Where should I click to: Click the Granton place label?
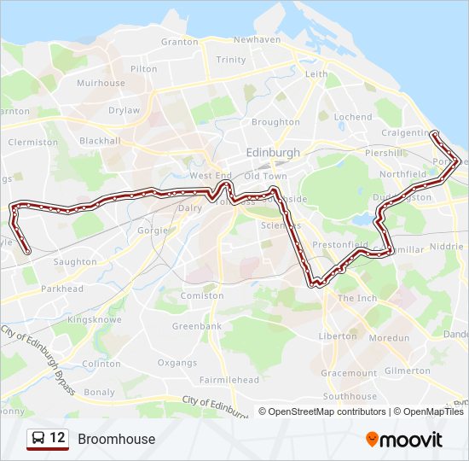tap(179, 41)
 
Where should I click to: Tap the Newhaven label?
tap(257, 39)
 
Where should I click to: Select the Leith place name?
tap(316, 74)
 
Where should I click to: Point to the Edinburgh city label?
tap(273, 152)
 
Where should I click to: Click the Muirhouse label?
tap(101, 84)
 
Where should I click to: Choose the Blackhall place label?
tap(101, 141)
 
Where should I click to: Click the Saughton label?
tap(74, 262)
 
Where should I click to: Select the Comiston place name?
tap(202, 295)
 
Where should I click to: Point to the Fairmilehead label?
tap(229, 379)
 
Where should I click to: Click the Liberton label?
tap(337, 336)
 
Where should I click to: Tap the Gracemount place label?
tap(348, 373)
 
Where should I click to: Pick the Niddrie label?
tap(447, 246)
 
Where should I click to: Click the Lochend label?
tap(353, 117)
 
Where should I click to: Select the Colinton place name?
tap(101, 363)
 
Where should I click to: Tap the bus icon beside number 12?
tap(38, 439)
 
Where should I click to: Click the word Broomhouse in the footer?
tap(117, 439)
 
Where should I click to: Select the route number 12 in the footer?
tap(57, 438)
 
